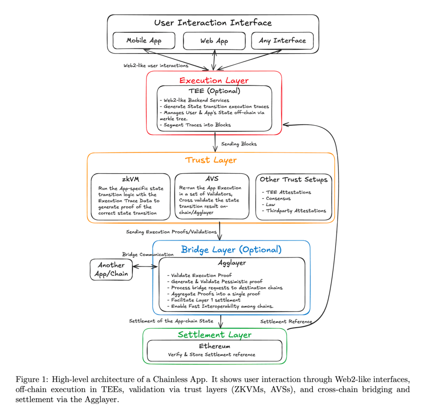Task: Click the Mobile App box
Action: coord(144,41)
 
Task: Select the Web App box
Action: coord(214,41)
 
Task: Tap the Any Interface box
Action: coord(282,41)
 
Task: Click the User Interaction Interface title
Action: coord(213,23)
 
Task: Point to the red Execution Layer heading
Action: coord(214,80)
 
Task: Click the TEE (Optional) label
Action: coord(215,91)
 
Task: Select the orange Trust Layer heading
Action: coord(211,160)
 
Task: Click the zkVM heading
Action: coord(131,179)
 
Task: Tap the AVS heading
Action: coord(212,179)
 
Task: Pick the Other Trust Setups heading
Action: coord(293,180)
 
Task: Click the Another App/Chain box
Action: coord(111,270)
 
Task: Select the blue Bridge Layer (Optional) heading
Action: coord(231,250)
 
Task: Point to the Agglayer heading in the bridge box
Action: coord(232,263)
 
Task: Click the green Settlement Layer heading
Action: coord(215,335)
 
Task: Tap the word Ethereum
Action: coord(215,346)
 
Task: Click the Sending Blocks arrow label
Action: coord(239,144)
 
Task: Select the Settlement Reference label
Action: coord(286,321)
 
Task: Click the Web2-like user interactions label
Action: coord(156,66)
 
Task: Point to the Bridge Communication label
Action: coord(148,254)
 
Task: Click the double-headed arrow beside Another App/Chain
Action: coord(145,267)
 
